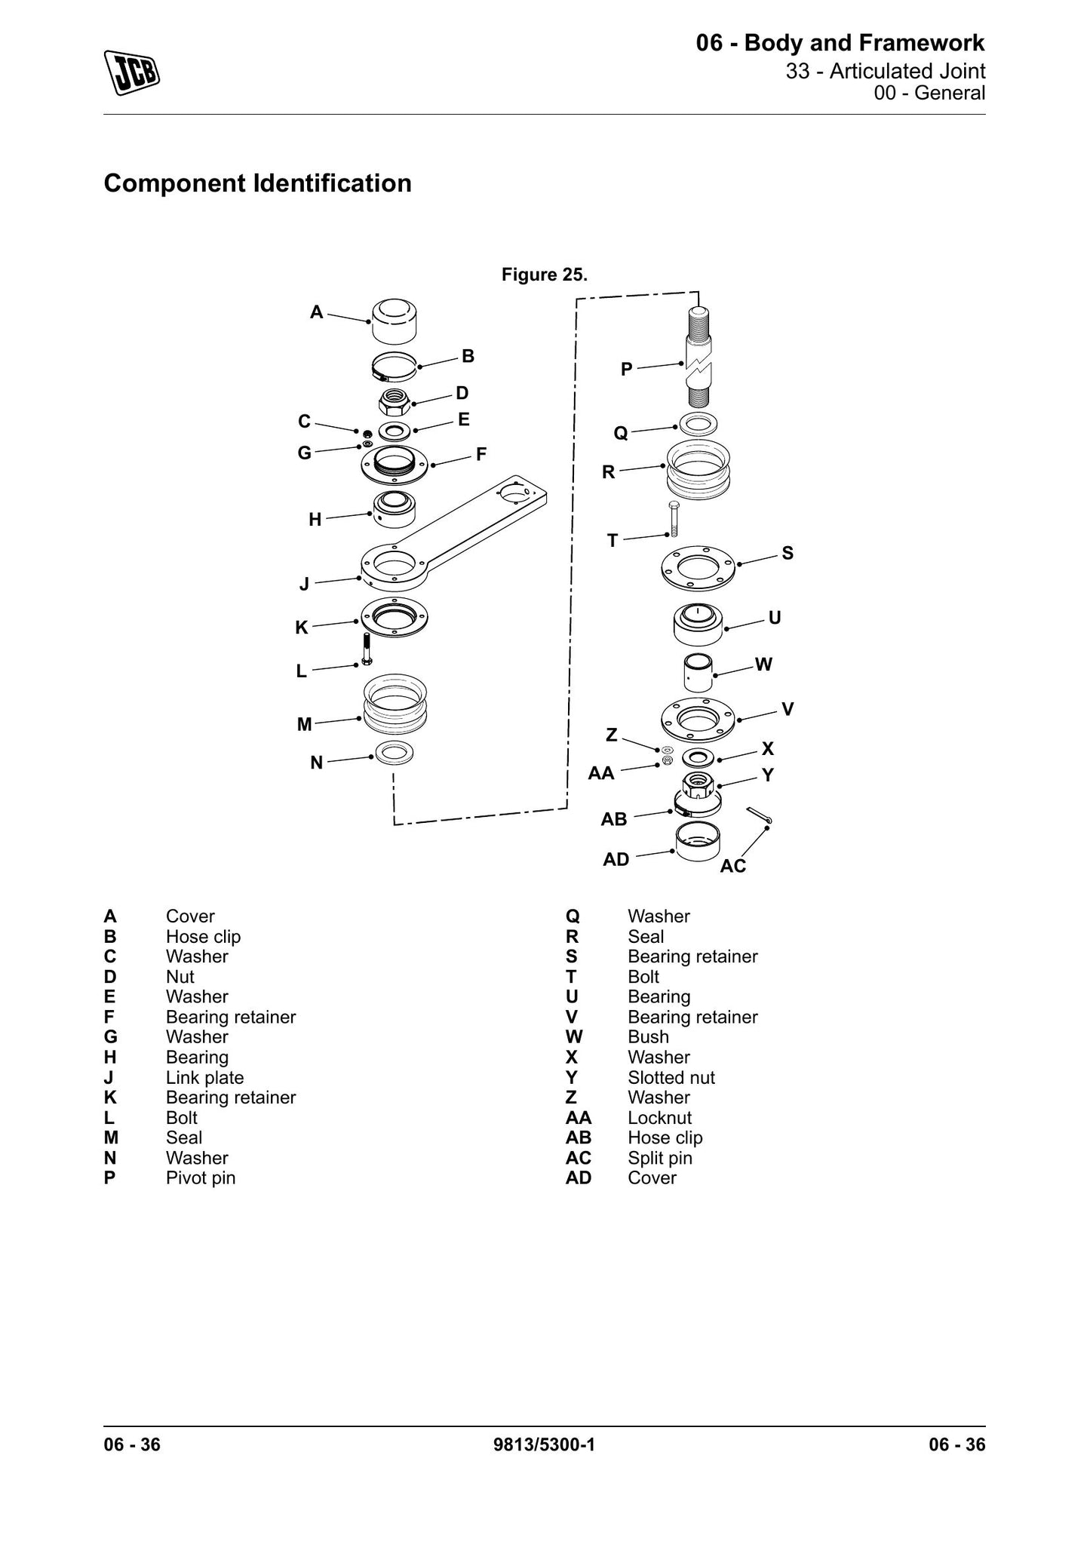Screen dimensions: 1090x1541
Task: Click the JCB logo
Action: [x=132, y=72]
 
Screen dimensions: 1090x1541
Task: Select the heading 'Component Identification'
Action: [x=257, y=183]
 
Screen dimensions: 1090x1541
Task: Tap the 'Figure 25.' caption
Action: [x=544, y=275]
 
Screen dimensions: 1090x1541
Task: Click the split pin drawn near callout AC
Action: [x=759, y=815]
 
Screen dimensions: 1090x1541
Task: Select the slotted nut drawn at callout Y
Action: [x=699, y=786]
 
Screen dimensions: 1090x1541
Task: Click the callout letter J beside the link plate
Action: [x=304, y=584]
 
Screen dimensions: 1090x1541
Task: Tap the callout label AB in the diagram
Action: [x=613, y=819]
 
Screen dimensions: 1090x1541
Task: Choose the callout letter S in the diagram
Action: [x=788, y=553]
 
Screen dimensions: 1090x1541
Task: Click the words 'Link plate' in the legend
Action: [x=204, y=1077]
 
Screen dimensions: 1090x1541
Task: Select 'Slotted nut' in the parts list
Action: [x=671, y=1077]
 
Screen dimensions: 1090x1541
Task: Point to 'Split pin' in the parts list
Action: [x=660, y=1158]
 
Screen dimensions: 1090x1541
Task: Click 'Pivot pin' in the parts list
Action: [x=201, y=1177]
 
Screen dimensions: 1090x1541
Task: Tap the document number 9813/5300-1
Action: [x=544, y=1444]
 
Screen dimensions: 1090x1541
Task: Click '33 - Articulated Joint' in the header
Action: [x=886, y=71]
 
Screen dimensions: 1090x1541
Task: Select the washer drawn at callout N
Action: [x=394, y=753]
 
